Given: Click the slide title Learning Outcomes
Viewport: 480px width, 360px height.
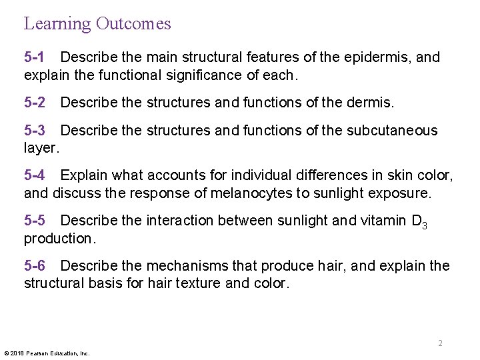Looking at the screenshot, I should click(97, 24).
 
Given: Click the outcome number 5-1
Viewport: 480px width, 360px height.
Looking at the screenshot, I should click(35, 57).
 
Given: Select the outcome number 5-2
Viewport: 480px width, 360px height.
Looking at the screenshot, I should click(35, 103).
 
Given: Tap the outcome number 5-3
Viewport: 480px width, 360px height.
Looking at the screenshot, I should click(35, 130).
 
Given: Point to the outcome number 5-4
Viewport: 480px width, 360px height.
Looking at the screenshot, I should click(35, 176).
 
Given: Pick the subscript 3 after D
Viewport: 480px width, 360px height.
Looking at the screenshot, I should click(424, 227).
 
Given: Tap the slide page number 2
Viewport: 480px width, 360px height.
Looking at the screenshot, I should click(441, 343).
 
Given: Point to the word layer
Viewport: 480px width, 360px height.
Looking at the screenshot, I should click(41, 148).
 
